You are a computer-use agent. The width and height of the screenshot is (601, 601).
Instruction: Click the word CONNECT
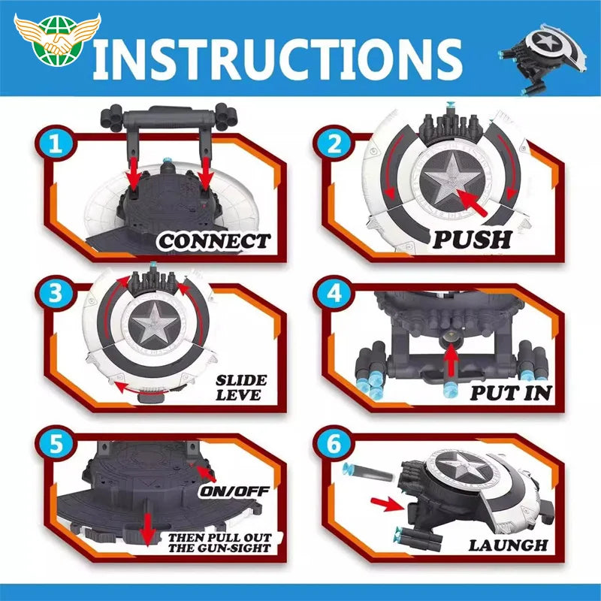coord(214,242)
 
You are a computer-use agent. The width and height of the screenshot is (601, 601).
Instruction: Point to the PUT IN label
coord(511,392)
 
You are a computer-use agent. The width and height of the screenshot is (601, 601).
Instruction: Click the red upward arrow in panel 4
coord(451,364)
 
